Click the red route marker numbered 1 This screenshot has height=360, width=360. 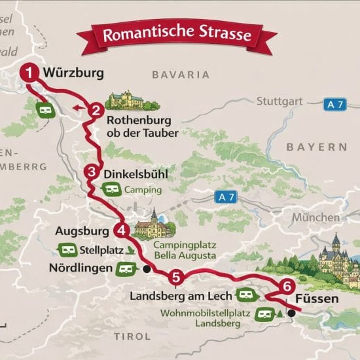point(29,73)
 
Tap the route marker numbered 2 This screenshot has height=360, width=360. point(96,110)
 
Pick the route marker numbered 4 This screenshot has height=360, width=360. point(121,230)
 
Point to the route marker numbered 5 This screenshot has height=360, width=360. point(175,278)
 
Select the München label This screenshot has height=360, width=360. point(316,218)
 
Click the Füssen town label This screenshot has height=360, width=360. point(317,299)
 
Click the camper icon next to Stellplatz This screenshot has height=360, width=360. point(67,249)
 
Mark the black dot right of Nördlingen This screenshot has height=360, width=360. point(147,268)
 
